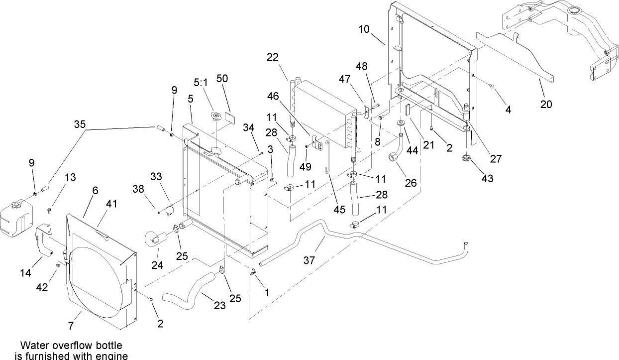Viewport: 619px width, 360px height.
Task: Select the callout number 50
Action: [x=222, y=79]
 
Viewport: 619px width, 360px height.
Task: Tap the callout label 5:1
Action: [x=202, y=82]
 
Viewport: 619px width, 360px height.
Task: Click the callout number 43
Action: [x=487, y=178]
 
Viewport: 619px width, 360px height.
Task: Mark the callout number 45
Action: [x=339, y=210]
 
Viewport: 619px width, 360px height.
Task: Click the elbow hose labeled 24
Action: [x=155, y=238]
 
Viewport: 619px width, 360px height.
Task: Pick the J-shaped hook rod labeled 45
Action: [x=327, y=159]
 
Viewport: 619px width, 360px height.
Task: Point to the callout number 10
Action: [x=363, y=29]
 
